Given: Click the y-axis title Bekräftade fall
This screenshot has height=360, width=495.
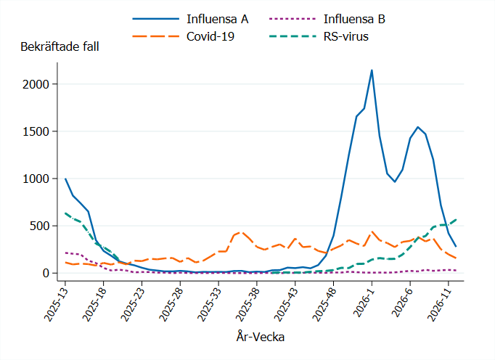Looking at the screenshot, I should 60,46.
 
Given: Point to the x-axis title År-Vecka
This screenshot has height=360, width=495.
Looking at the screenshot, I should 260,337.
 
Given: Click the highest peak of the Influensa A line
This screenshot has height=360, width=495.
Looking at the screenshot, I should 372,70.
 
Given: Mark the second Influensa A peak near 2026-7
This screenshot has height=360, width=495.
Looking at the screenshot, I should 418,127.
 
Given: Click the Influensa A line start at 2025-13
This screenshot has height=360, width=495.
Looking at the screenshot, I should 65,179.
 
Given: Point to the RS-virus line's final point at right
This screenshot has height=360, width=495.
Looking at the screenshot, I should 456,219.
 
